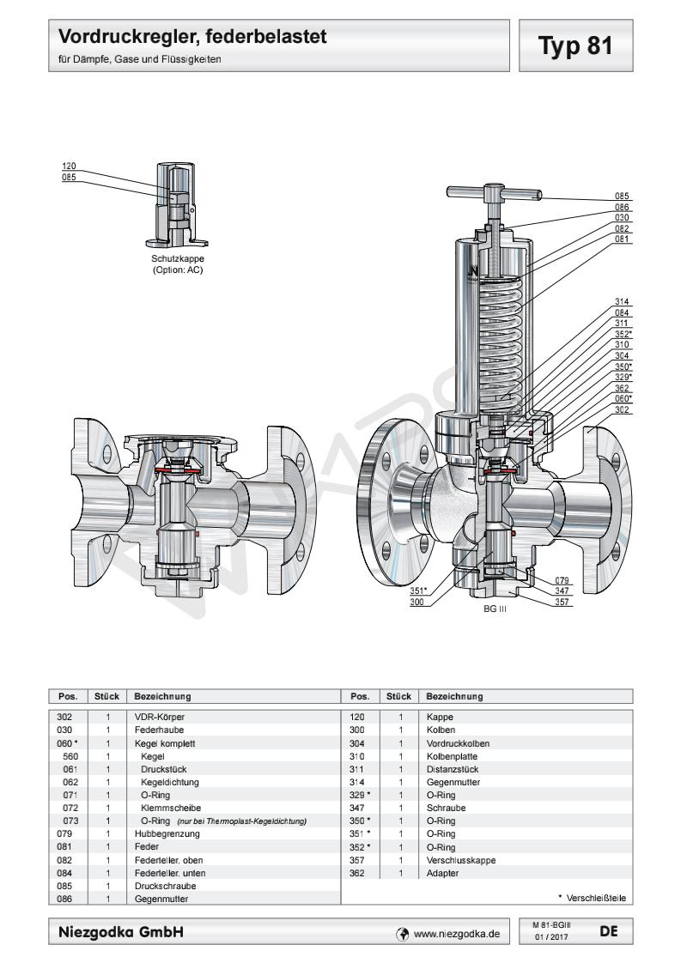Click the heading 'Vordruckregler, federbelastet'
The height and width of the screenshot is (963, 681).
pos(193,38)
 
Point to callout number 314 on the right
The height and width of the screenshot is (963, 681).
pos(623,301)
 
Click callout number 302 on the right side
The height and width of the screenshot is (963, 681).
pos(623,410)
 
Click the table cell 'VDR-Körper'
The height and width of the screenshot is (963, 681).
pos(160,716)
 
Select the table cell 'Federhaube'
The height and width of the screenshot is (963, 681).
pos(156,728)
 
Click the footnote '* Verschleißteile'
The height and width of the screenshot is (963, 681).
pos(592,898)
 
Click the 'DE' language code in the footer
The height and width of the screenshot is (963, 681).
pos(608,930)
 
